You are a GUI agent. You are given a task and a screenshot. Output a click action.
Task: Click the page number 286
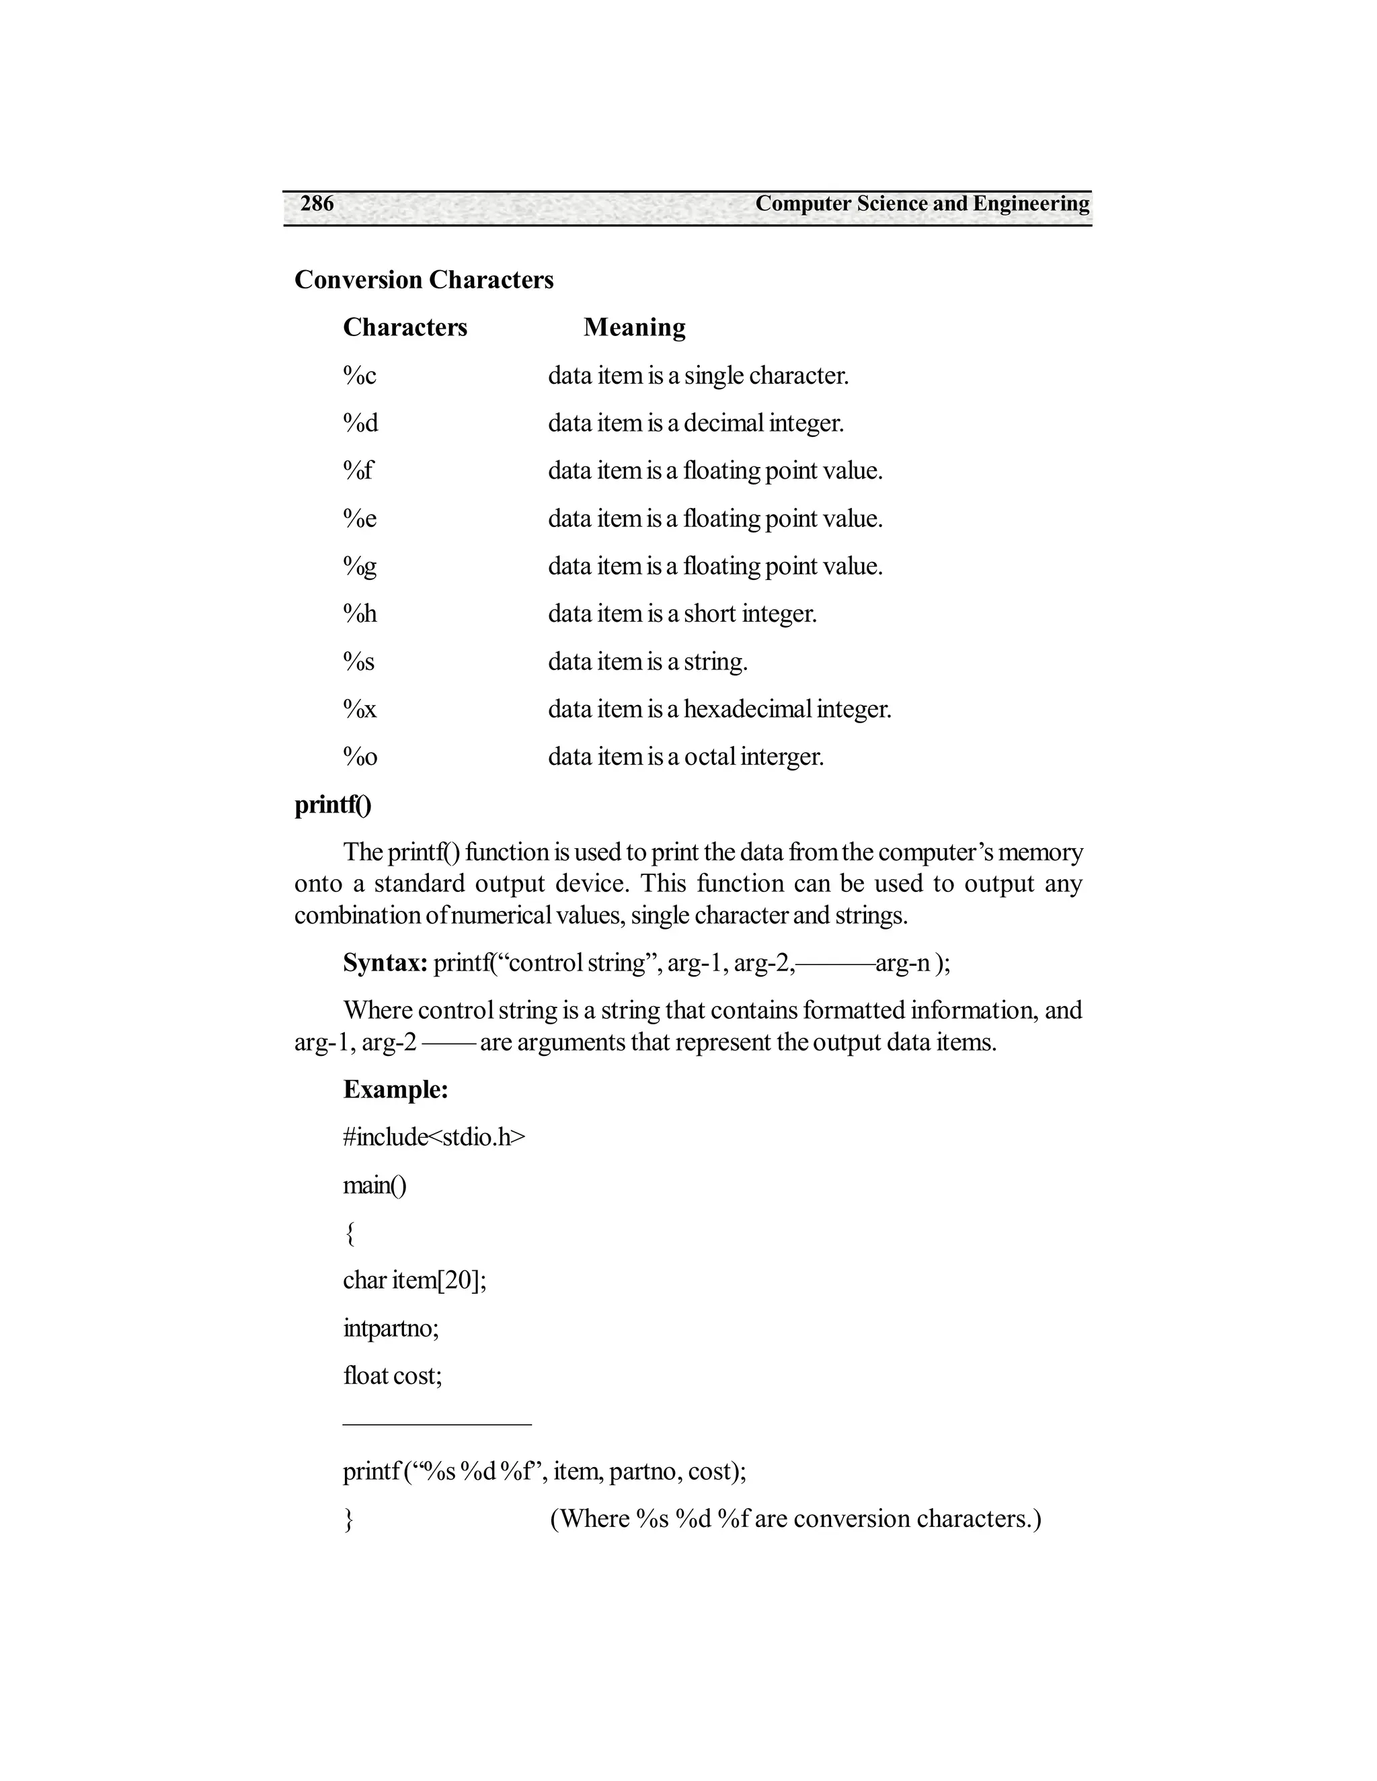point(317,203)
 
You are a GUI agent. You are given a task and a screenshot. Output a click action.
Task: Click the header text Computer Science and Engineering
point(922,203)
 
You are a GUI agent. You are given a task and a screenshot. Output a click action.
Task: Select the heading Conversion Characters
point(424,280)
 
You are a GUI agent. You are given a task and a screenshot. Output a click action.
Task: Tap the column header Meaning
point(634,327)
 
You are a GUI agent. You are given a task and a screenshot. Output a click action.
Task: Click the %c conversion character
point(360,376)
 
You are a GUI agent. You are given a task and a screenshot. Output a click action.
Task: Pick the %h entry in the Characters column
point(360,613)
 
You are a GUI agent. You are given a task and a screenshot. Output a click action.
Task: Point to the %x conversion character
point(360,708)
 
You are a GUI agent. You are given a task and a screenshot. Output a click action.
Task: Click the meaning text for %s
point(647,661)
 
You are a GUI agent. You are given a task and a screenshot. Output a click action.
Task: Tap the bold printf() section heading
point(333,805)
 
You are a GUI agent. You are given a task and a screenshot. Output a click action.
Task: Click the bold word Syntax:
point(385,963)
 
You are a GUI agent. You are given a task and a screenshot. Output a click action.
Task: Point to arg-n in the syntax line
point(903,963)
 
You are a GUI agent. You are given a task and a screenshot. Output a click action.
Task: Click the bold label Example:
point(395,1089)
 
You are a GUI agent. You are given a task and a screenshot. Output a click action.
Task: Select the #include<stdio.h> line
point(434,1136)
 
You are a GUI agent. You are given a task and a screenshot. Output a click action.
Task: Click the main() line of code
point(375,1185)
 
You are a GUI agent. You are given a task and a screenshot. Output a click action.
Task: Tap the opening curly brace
point(349,1233)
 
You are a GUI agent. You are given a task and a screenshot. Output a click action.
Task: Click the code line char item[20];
point(414,1280)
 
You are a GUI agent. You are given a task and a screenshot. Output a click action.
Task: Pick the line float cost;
point(393,1376)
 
